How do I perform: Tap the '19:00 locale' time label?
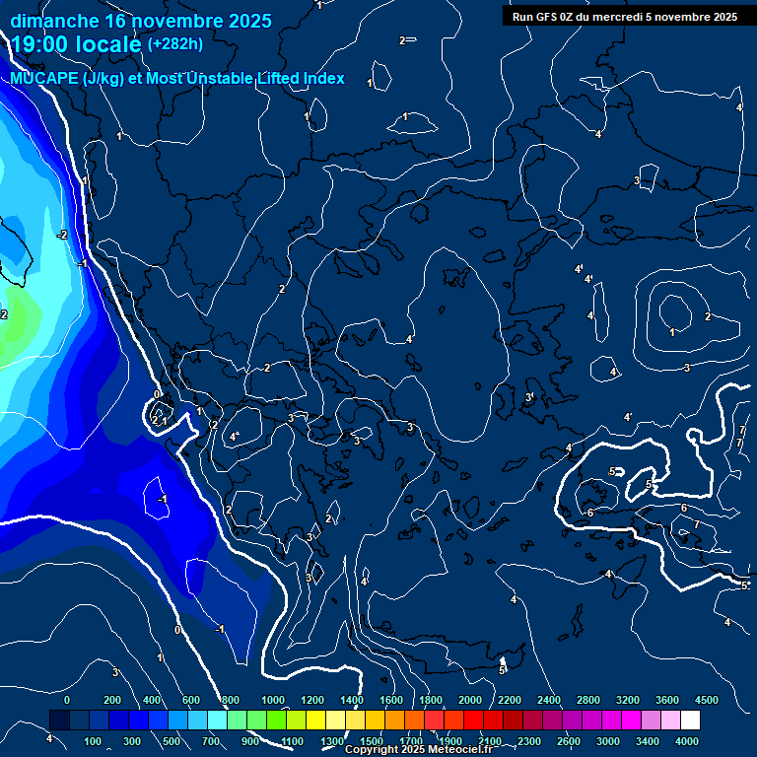[75, 44]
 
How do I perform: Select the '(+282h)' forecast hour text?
[175, 44]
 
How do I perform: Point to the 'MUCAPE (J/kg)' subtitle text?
[67, 79]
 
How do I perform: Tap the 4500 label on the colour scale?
[707, 700]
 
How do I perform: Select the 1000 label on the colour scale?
[273, 700]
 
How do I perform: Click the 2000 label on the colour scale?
[470, 700]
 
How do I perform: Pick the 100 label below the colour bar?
[94, 741]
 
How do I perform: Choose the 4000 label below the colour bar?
[688, 741]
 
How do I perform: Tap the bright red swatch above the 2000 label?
[472, 722]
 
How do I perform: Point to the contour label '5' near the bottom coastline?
[501, 670]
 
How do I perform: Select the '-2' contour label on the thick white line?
[62, 235]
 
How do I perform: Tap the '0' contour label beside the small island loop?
[157, 395]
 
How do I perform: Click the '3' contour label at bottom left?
[114, 672]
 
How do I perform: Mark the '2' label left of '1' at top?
[401, 40]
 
